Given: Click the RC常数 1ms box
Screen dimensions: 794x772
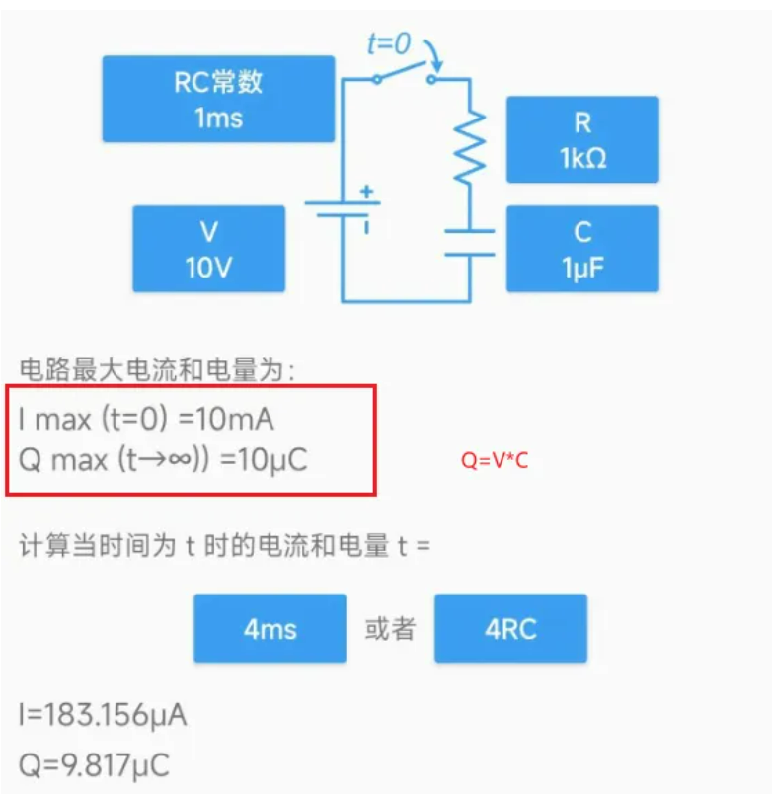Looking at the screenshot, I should click(x=218, y=99).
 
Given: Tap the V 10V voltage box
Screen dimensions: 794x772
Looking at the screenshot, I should click(x=208, y=249).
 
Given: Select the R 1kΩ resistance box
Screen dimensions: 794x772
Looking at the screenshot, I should click(x=582, y=139).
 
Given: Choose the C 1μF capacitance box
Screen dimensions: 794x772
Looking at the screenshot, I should click(x=582, y=249).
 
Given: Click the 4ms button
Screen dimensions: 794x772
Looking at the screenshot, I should click(x=270, y=628).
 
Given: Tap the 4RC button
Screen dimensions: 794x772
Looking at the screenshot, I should click(x=510, y=628).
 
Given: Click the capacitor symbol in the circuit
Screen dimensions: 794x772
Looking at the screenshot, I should click(x=469, y=242).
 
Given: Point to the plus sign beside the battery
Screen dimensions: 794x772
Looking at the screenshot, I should click(x=366, y=192).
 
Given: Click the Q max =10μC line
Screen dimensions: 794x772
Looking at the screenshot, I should click(x=163, y=461).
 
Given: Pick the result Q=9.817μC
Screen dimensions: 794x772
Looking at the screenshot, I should click(x=94, y=764).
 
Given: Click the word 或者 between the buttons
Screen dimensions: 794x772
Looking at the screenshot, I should click(x=390, y=629).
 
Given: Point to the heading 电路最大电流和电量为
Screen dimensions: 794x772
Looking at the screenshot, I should click(x=158, y=371).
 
